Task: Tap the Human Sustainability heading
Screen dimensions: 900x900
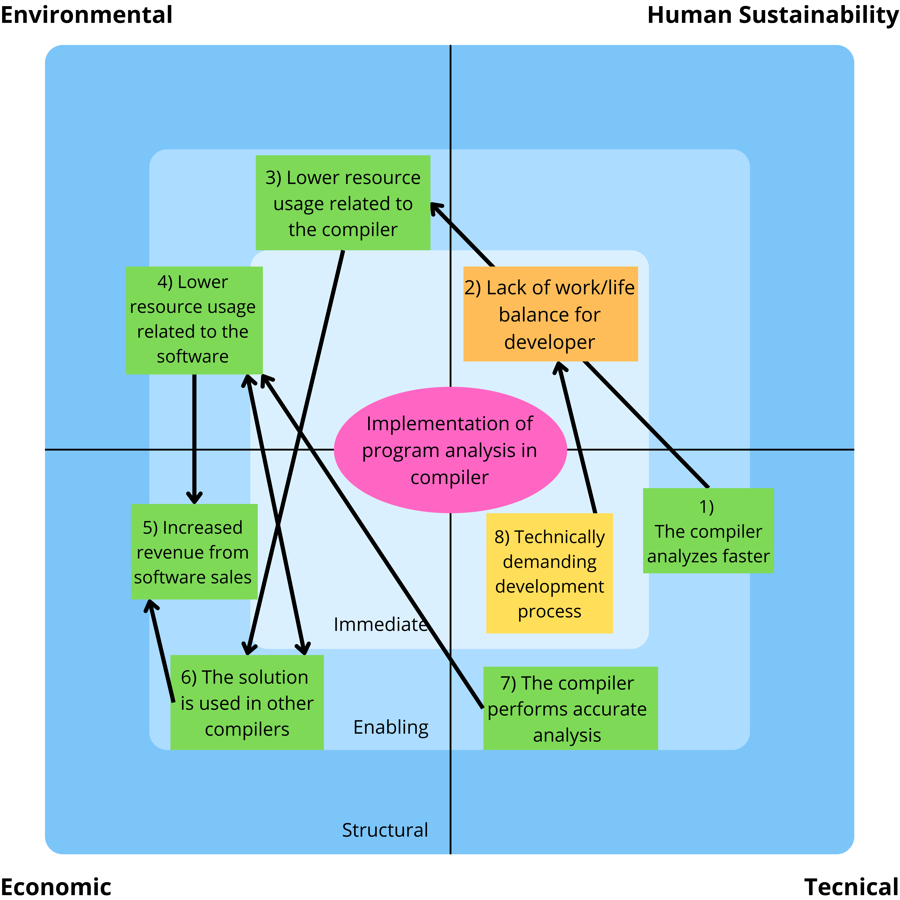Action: (772, 15)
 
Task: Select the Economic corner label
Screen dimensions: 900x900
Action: (56, 886)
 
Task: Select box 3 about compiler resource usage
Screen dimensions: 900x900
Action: (343, 203)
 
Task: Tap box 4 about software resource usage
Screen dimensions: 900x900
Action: (194, 320)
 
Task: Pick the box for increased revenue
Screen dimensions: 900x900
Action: (194, 552)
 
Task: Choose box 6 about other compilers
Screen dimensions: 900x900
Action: (247, 703)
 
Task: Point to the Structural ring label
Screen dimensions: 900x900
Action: (385, 830)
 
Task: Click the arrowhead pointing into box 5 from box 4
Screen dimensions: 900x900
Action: (194, 498)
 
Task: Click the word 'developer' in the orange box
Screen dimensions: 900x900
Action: (550, 342)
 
